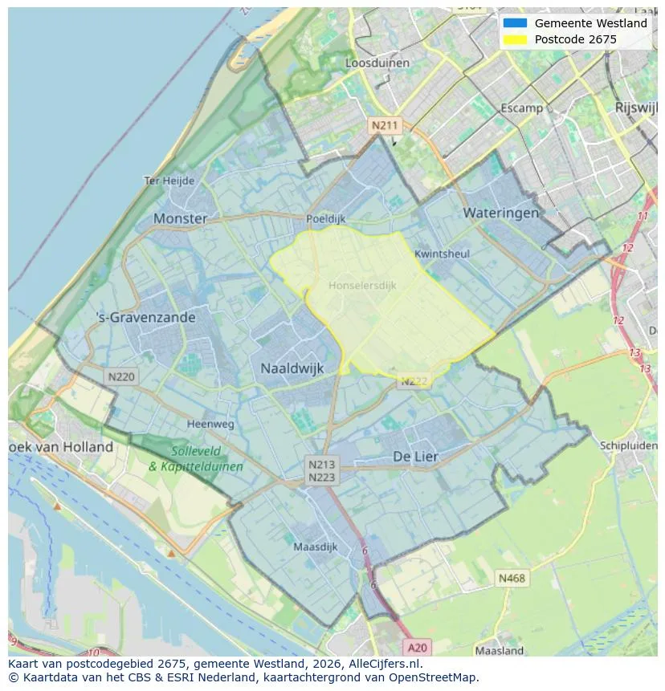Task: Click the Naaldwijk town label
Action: coord(292,368)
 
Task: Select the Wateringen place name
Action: coord(500,213)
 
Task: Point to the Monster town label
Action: coord(180,218)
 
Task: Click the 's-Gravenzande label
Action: coord(145,317)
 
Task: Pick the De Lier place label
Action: coord(415,456)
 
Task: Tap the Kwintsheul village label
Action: coord(442,254)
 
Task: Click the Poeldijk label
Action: coord(326,218)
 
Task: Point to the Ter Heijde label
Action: coord(169,181)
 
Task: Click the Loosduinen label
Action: coord(377,63)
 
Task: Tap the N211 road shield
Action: coord(384,125)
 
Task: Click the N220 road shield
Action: coord(121,376)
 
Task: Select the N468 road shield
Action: coord(512,578)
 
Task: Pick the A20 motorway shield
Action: coord(417,648)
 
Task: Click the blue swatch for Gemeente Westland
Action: coord(515,23)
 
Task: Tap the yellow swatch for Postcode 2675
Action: coord(515,39)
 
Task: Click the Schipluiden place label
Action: coord(628,445)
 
